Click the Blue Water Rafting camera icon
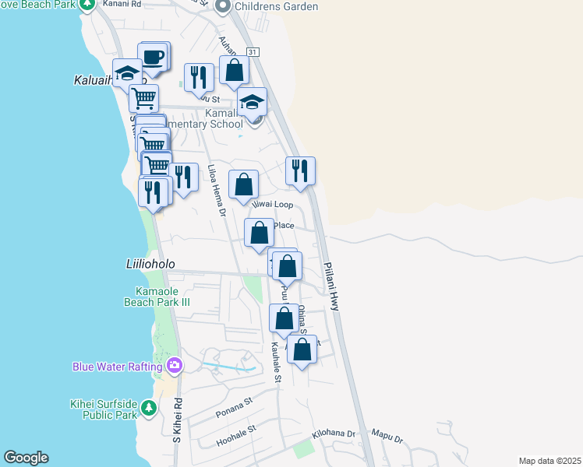click(175, 366)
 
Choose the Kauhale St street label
click(276, 363)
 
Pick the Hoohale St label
click(237, 437)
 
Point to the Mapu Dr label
click(387, 437)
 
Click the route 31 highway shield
click(252, 51)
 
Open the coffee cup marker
click(154, 58)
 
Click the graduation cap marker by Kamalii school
click(253, 102)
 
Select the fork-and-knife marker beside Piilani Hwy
click(300, 170)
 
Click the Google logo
click(26, 458)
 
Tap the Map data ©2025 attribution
click(550, 461)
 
